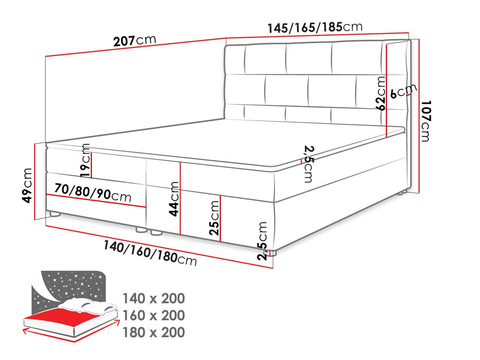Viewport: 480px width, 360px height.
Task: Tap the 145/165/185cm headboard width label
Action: pos(315,27)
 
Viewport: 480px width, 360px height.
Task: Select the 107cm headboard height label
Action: pos(426,121)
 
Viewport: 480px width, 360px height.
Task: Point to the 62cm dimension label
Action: pos(380,93)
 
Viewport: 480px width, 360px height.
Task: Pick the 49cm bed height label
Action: pos(27,185)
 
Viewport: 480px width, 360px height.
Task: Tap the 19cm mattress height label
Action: pos(85,160)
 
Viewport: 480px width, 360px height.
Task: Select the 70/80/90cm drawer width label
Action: pos(93,193)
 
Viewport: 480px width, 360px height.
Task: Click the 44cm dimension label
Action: pos(174,199)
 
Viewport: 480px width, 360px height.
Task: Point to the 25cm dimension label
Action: pos(214,218)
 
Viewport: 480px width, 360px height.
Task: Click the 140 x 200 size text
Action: pos(154,298)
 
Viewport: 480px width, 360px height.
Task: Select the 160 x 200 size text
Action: pos(154,315)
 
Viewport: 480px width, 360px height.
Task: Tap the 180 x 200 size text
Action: pos(154,332)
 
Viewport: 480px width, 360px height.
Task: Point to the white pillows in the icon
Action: pos(90,305)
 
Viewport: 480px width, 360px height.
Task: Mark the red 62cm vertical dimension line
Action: pos(386,91)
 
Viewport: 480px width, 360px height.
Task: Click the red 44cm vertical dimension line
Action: pos(180,198)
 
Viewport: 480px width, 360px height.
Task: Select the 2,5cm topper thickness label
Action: pos(309,164)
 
